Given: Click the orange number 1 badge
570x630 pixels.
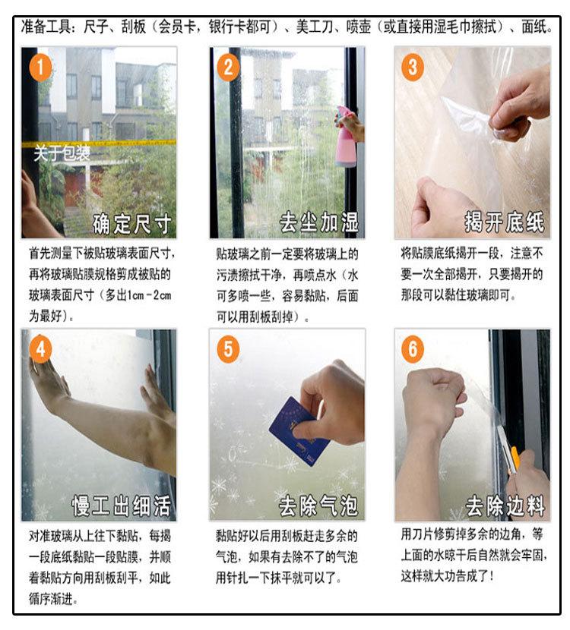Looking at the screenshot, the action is [40, 68].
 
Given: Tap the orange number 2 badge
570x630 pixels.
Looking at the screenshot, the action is [228, 67].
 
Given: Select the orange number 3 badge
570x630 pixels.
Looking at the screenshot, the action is [413, 67].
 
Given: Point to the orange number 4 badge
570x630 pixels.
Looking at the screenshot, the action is [40, 348].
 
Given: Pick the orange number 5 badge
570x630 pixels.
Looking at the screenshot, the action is [228, 348].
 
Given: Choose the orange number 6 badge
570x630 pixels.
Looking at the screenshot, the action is [413, 348].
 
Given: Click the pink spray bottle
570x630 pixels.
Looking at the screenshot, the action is [346, 137].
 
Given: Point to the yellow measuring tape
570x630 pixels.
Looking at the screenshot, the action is [99, 143].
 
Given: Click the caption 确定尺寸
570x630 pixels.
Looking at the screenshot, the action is [132, 224].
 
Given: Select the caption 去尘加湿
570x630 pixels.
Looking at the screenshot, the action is [319, 222].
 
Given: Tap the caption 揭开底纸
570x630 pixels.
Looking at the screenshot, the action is [505, 222].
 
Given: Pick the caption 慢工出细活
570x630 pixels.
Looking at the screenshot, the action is [121, 506].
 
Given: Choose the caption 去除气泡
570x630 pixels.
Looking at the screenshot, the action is [318, 506].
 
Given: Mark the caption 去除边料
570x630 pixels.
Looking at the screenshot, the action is [505, 506].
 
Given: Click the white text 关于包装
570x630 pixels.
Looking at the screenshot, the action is [62, 153].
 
